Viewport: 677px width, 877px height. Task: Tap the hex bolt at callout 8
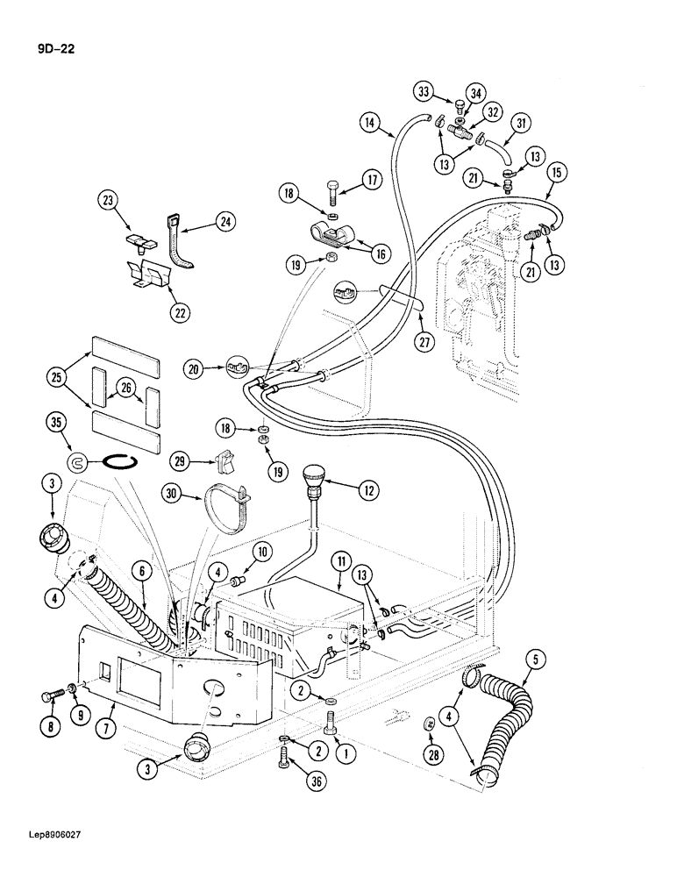48,698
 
